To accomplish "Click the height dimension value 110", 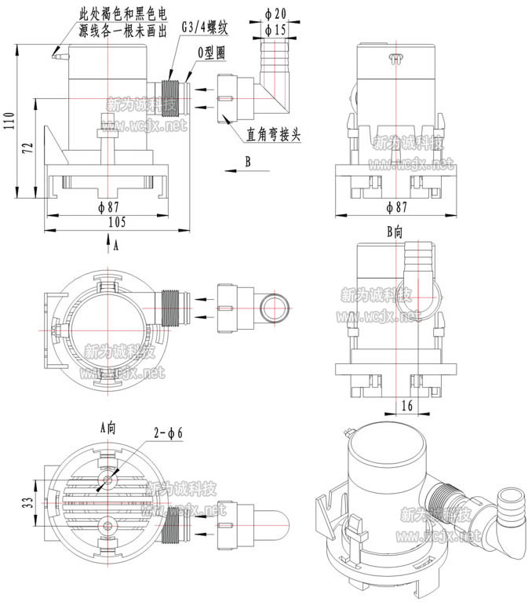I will click(x=9, y=122).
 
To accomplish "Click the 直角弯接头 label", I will click(x=274, y=135).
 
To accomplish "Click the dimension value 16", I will click(x=405, y=405).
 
